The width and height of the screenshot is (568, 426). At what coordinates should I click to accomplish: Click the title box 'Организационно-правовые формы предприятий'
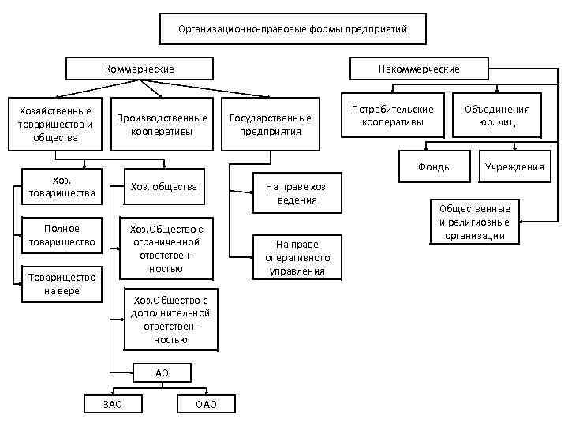point(293,29)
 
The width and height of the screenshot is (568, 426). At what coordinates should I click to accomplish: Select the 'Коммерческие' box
point(140,69)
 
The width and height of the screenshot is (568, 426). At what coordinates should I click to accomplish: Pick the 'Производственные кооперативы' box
point(162,124)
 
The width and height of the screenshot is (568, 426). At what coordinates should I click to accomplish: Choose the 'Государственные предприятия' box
point(270,124)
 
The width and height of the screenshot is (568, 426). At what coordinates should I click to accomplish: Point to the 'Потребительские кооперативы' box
point(392,116)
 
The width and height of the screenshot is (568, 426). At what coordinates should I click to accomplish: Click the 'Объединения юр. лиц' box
point(497,116)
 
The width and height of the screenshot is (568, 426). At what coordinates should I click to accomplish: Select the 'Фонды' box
point(435,166)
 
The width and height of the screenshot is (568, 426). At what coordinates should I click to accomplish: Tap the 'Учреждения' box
point(514,166)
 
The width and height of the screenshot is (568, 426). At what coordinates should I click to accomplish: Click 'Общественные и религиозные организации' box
point(475,222)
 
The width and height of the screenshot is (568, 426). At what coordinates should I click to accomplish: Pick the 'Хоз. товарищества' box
point(60,186)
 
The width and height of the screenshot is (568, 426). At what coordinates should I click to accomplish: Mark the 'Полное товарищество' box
point(60,234)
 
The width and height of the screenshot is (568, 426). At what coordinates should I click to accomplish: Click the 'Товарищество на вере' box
point(60,283)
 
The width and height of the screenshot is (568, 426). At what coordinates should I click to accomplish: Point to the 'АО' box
point(162,372)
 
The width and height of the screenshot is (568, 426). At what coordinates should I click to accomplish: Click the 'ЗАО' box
point(113,405)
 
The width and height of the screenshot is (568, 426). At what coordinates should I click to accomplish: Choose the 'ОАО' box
point(205,405)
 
